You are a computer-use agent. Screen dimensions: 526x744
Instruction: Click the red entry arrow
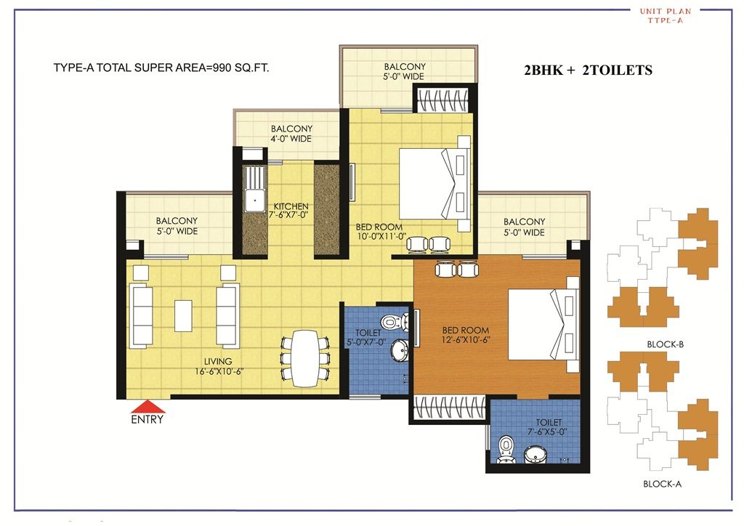(147, 406)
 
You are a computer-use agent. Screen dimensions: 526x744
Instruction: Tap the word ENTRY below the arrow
(147, 420)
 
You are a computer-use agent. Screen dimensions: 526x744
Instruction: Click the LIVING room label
(218, 361)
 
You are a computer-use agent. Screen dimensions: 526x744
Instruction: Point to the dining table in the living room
(304, 358)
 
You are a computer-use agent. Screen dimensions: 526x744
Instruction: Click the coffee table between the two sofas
(183, 313)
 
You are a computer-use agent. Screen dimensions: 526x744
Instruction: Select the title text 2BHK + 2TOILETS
(588, 70)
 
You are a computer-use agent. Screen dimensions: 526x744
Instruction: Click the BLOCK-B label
(665, 344)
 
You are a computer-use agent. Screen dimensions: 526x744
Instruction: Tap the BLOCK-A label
(662, 483)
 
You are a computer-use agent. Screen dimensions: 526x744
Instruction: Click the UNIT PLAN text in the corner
(665, 12)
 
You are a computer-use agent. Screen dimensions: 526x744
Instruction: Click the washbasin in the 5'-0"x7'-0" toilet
(399, 352)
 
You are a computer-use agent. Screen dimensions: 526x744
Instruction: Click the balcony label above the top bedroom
(405, 71)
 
